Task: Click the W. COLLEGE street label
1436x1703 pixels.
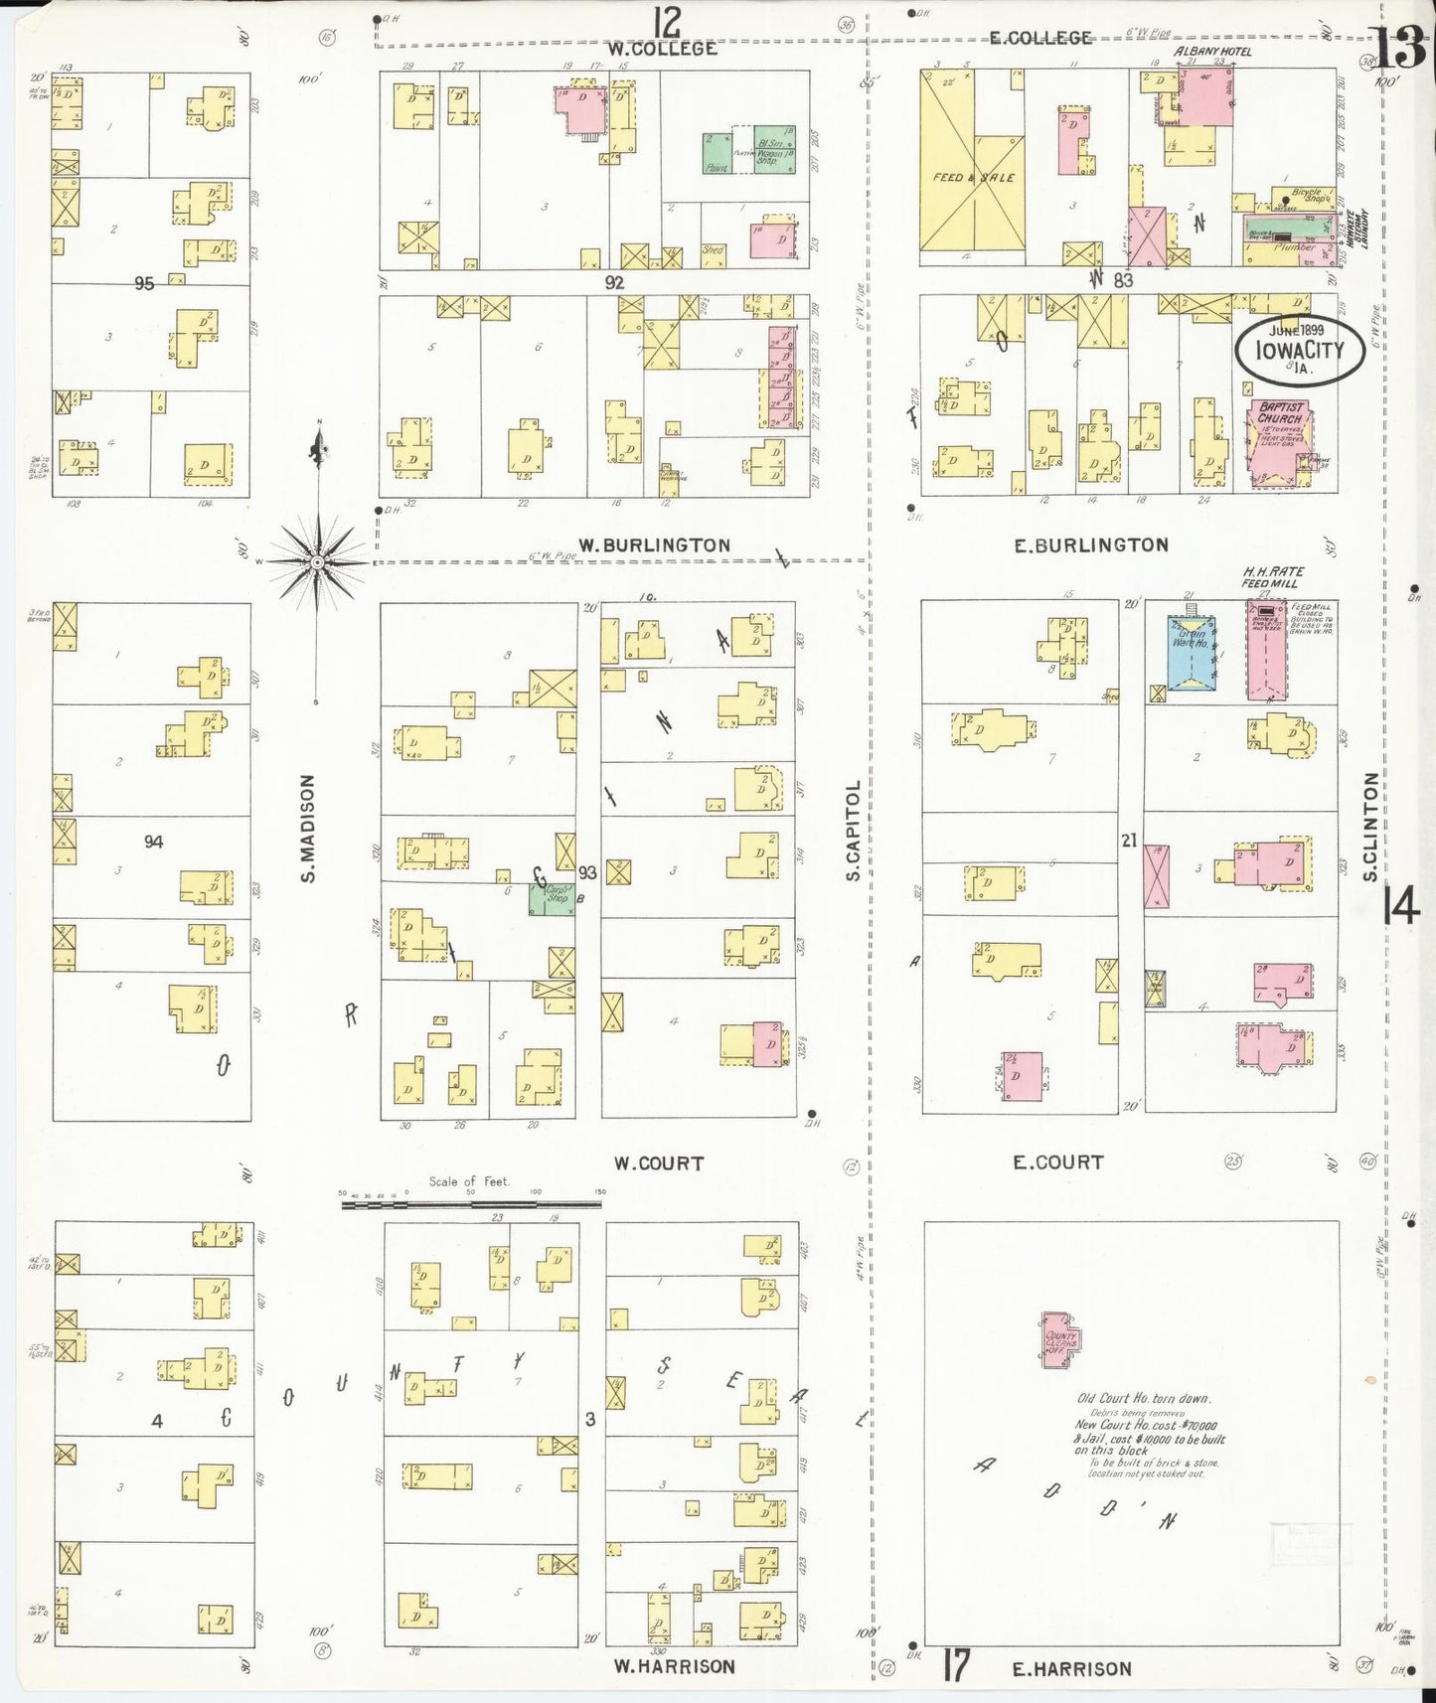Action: [662, 49]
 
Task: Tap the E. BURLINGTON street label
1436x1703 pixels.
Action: [1090, 544]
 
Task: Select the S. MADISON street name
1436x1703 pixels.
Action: [307, 829]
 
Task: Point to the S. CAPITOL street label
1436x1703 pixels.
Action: [853, 831]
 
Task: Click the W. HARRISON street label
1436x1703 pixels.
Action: [674, 1666]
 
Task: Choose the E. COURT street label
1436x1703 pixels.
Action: [1057, 1161]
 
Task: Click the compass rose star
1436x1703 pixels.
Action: [317, 562]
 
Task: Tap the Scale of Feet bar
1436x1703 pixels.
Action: [470, 1204]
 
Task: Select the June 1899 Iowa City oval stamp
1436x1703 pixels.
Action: [1300, 351]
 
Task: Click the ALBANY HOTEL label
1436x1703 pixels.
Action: [1212, 52]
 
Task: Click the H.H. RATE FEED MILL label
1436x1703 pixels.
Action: [1272, 577]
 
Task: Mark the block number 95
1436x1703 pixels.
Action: [144, 283]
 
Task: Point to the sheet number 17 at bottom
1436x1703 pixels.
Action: [955, 1665]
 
